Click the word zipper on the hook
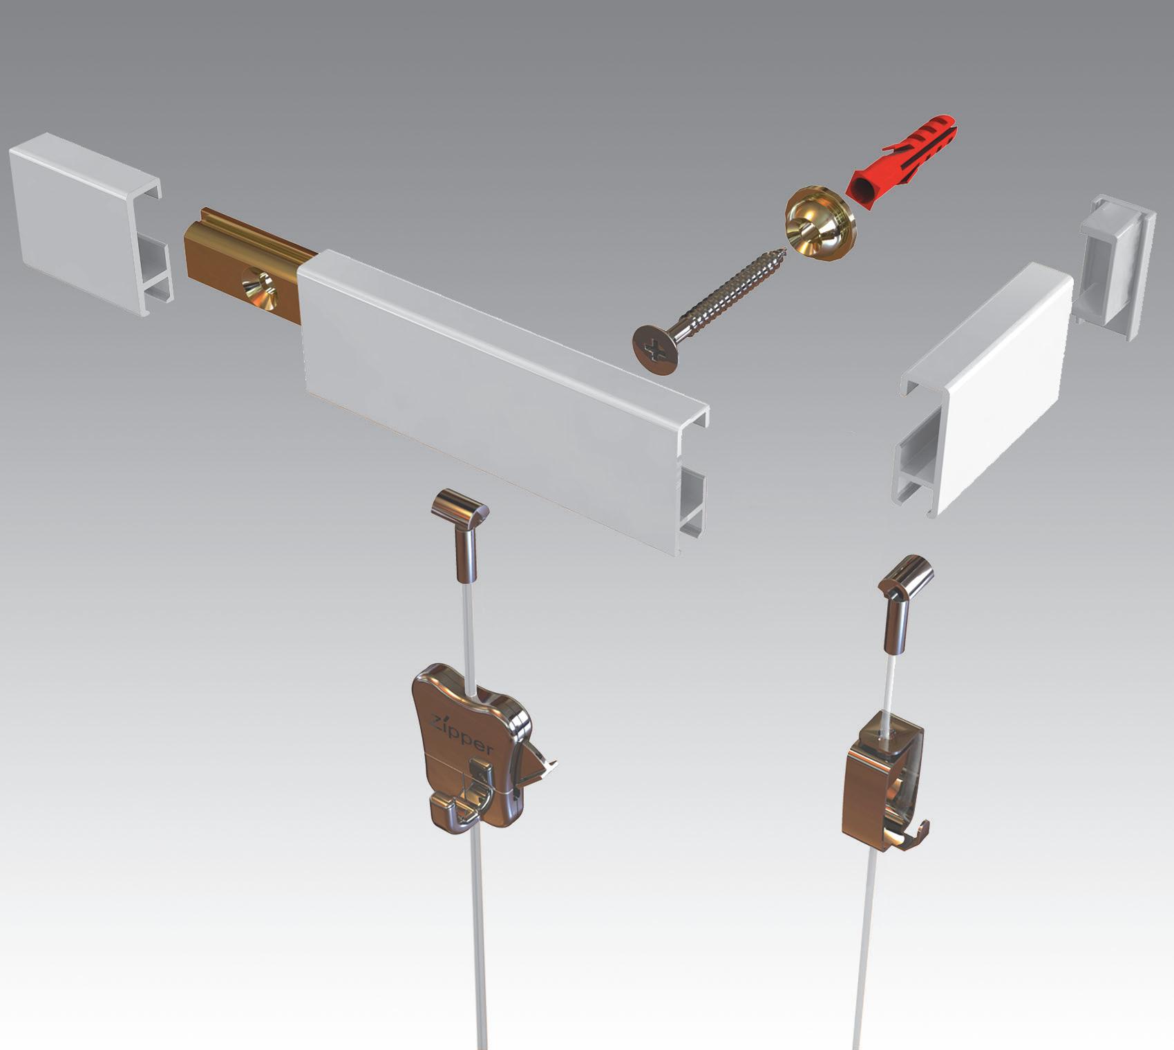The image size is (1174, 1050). [x=462, y=734]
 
